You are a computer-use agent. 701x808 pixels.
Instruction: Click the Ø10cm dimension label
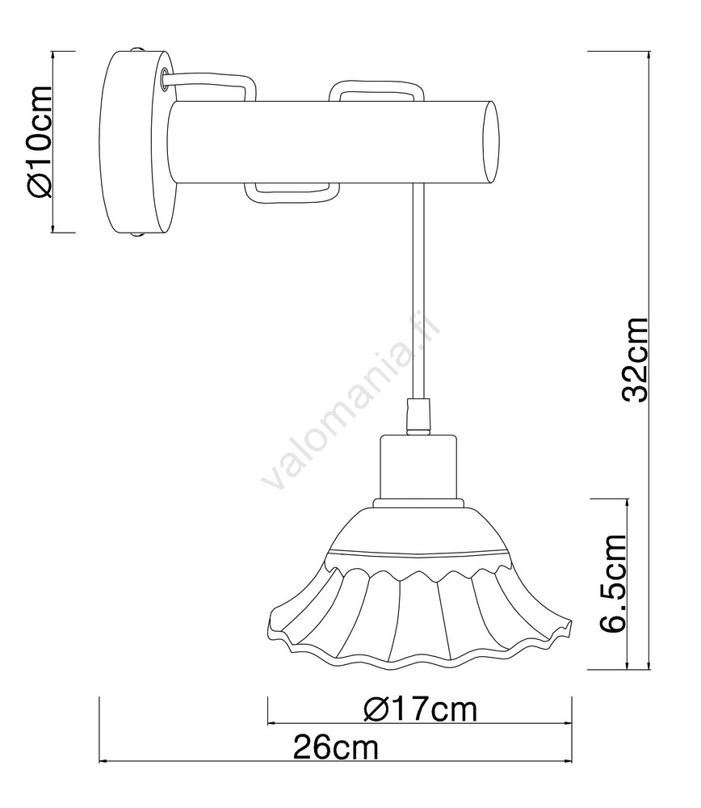point(39,141)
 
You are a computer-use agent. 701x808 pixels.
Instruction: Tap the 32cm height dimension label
point(634,360)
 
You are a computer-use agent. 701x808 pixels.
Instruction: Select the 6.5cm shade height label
point(612,583)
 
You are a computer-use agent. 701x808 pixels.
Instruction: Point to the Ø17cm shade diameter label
point(420,709)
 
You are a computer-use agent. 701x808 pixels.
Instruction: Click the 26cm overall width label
point(336,747)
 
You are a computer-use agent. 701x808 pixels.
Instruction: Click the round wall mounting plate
point(138,142)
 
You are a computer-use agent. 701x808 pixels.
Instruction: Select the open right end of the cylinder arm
point(491,142)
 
